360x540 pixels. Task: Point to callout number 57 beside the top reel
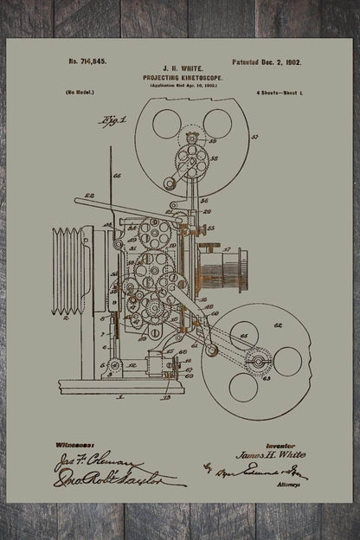(254, 138)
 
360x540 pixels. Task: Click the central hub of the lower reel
(257, 360)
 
